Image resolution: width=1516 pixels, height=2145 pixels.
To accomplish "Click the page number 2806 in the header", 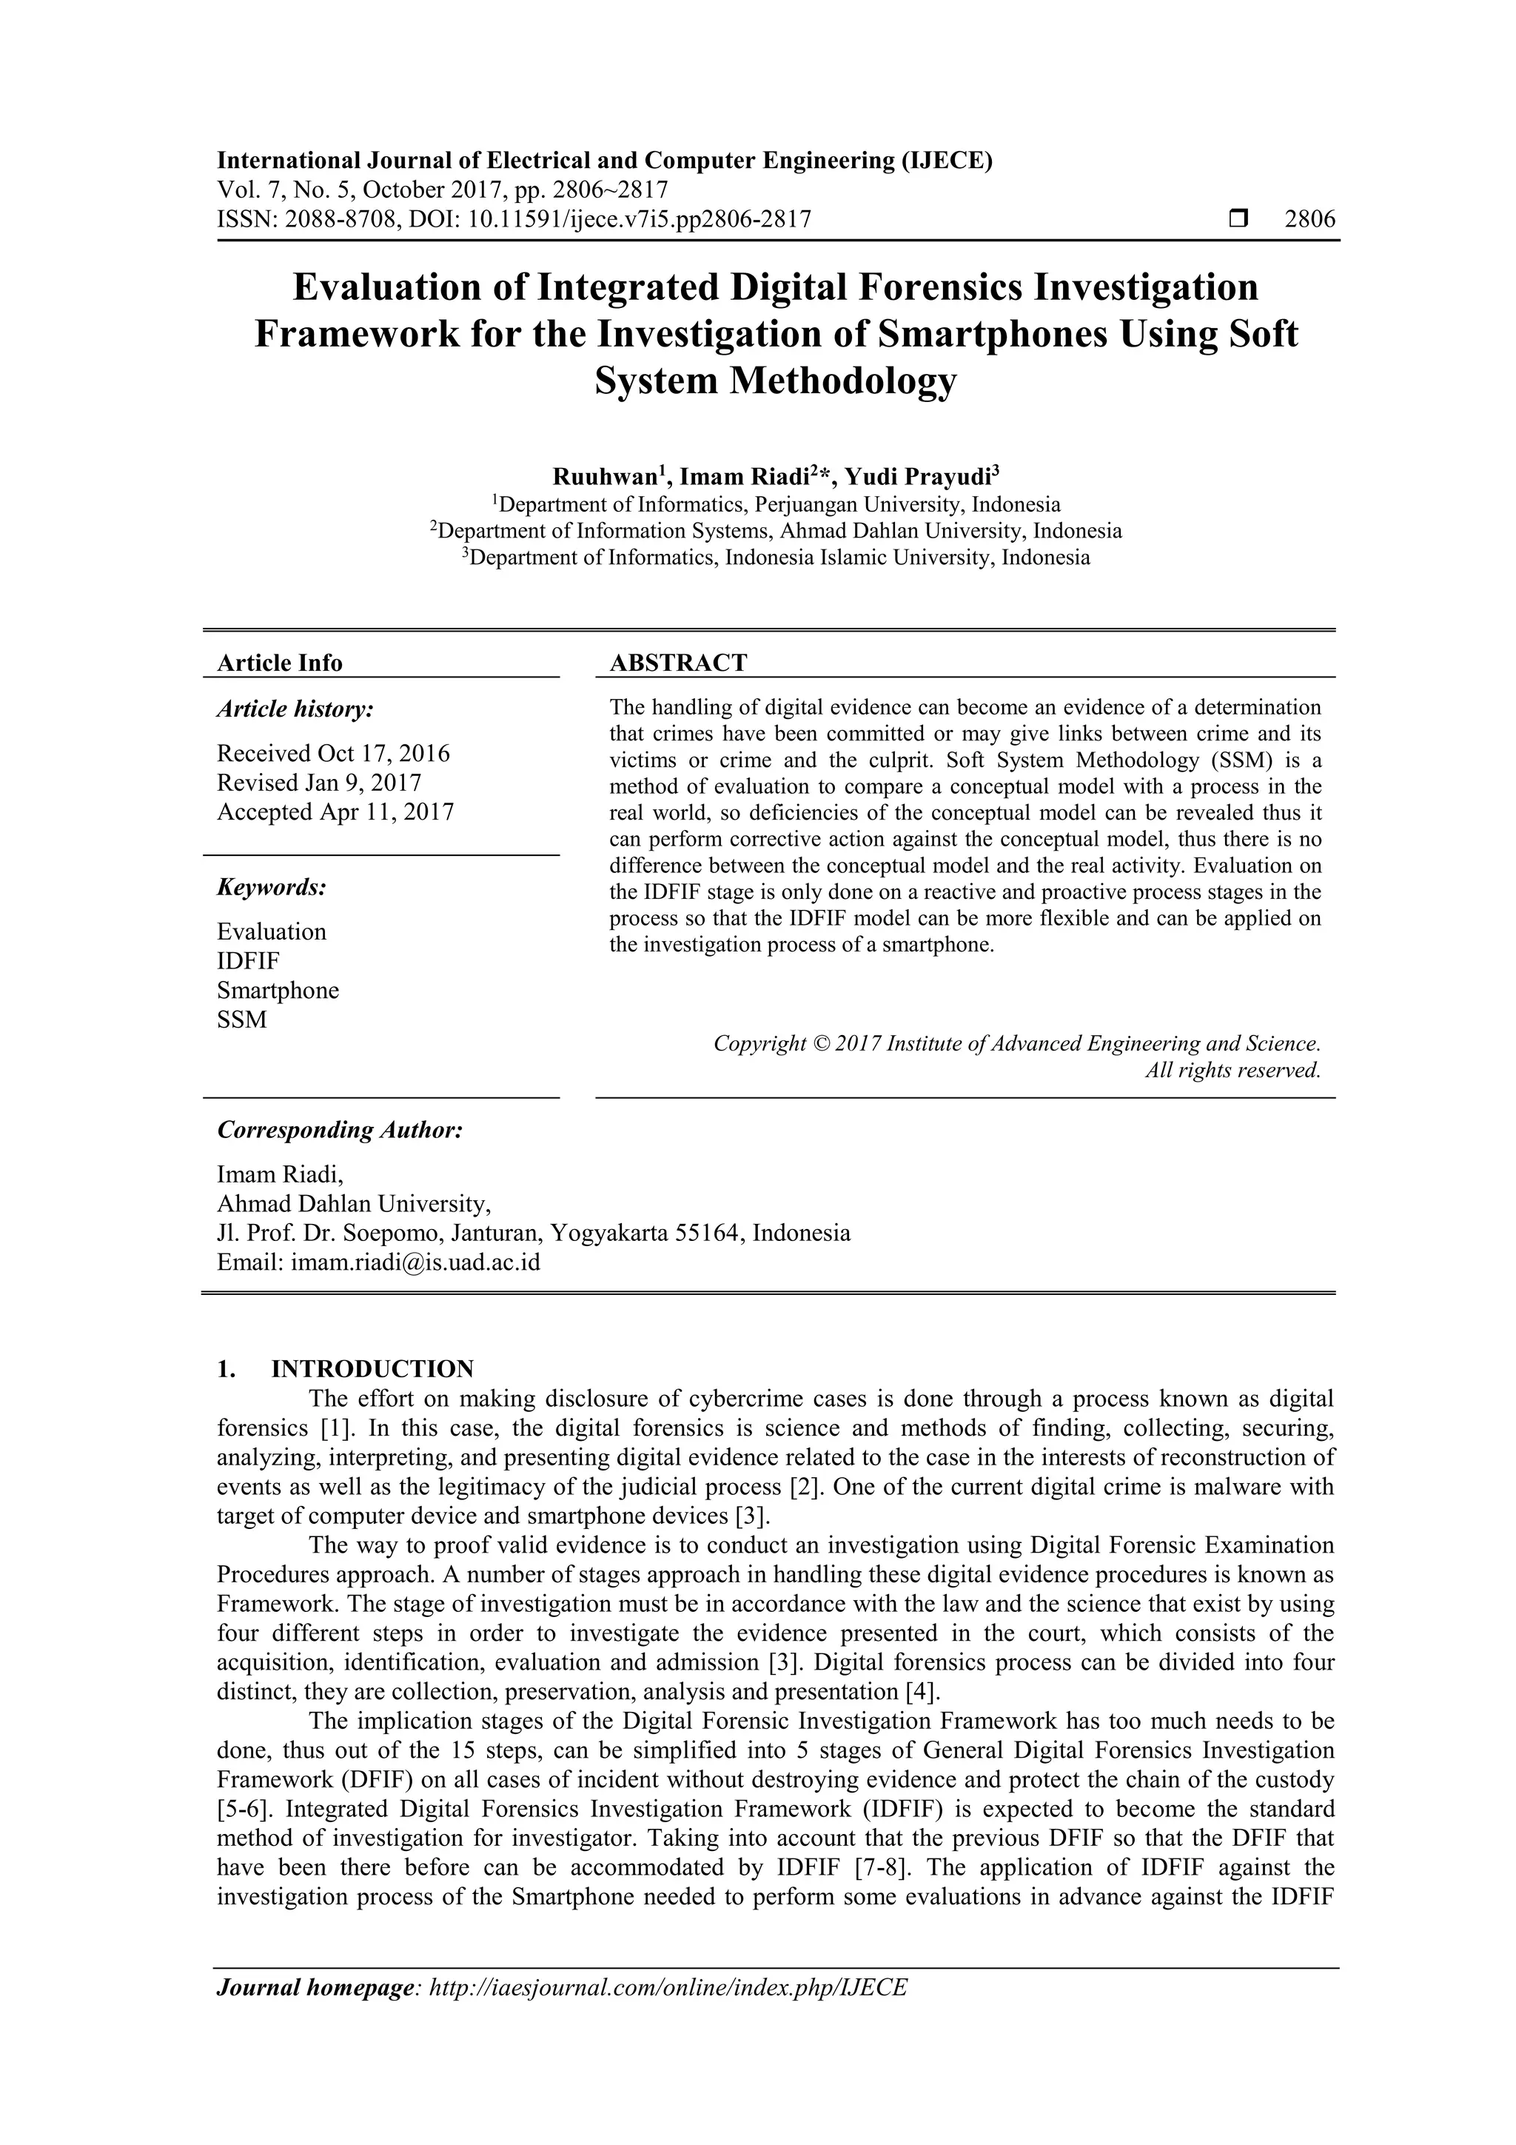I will pos(1309,220).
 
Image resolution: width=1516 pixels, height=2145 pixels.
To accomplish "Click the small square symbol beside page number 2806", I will pos(1238,220).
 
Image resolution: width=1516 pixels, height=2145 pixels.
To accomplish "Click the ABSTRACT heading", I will pos(678,663).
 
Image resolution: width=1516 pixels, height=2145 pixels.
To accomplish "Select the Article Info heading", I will pos(279,663).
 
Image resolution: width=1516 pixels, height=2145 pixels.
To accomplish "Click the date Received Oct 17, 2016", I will pos(333,753).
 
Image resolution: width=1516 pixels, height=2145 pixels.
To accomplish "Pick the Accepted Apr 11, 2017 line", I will pos(335,812).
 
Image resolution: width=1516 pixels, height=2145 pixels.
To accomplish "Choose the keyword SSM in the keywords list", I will pos(242,1020).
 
